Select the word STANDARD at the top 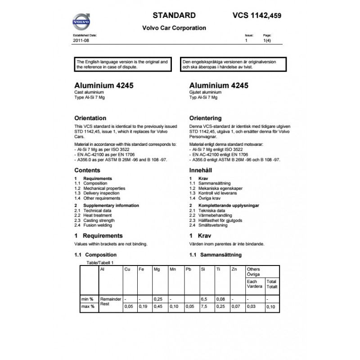174,14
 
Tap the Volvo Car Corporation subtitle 174,28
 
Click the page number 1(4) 267,40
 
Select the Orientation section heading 90,118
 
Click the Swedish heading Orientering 206,118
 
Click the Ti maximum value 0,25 220,307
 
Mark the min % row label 87,299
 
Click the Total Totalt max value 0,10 271,307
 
